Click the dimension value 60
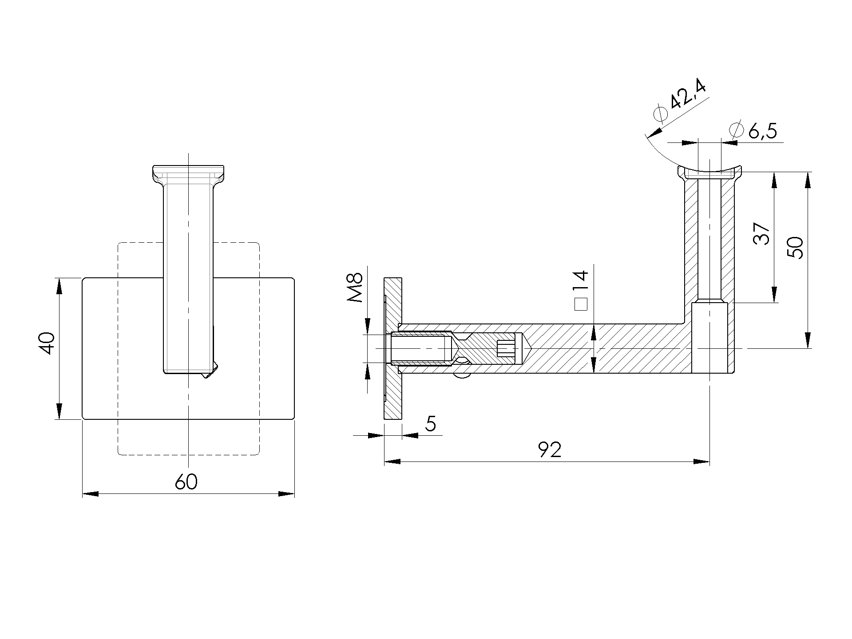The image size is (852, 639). tap(186, 482)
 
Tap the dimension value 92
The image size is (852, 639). tap(550, 450)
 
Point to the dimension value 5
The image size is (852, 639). tap(430, 425)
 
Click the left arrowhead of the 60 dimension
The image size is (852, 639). tap(90, 493)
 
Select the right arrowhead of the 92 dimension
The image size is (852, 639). tap(702, 462)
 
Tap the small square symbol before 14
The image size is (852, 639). tap(581, 304)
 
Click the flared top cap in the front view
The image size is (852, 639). tap(188, 174)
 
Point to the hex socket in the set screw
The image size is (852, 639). tap(506, 348)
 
